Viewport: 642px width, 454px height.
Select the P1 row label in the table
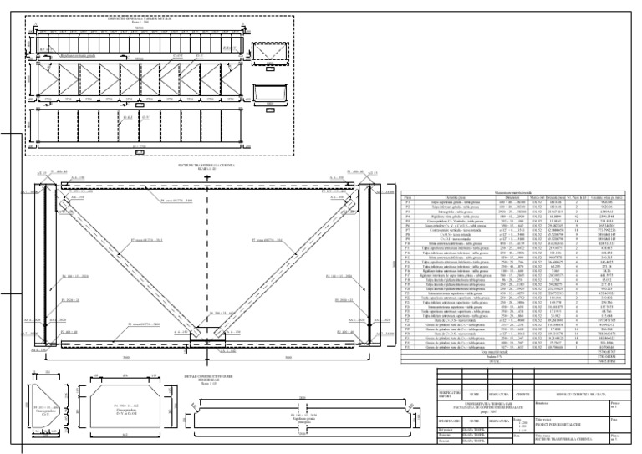tap(408, 202)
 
